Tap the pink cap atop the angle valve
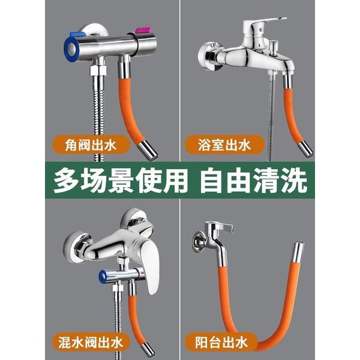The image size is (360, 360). [x=143, y=29]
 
